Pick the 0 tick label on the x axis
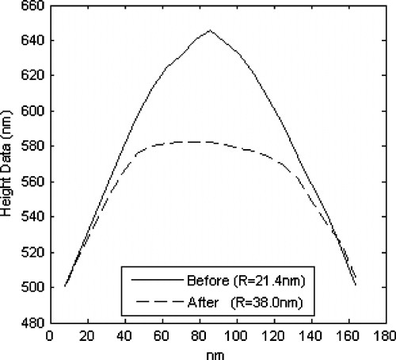pyautogui.click(x=49, y=335)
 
